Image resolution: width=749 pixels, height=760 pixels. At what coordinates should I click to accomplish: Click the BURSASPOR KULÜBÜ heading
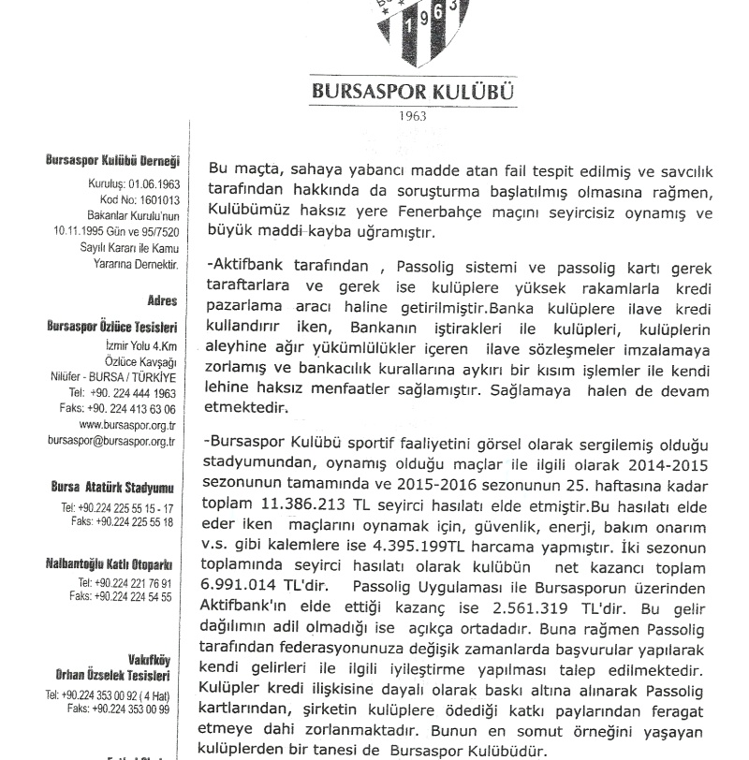tap(412, 94)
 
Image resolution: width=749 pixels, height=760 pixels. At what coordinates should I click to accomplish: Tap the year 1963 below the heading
tap(412, 117)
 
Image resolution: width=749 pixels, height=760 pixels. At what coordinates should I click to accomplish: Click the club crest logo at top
tap(412, 33)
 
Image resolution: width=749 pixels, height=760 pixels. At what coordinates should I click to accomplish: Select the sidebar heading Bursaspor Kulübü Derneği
tap(112, 161)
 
